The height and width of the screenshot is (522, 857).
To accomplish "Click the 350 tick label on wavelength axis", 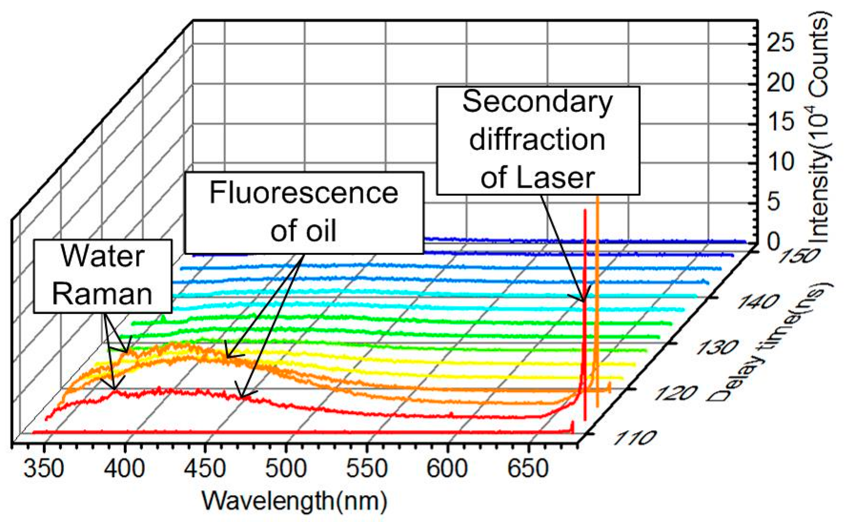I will [43, 469].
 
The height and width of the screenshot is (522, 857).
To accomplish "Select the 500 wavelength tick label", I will [286, 469].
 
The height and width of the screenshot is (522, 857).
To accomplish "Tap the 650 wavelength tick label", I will [528, 469].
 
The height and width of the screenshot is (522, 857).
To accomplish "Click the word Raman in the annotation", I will [102, 294].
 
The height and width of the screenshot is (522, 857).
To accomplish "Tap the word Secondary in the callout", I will [537, 102].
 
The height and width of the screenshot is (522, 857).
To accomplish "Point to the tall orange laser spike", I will [597, 293].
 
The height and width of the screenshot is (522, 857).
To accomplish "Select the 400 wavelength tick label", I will [124, 469].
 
